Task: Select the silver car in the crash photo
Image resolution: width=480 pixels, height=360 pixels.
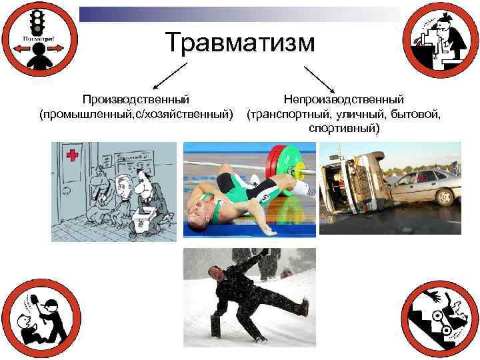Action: (421, 188)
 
